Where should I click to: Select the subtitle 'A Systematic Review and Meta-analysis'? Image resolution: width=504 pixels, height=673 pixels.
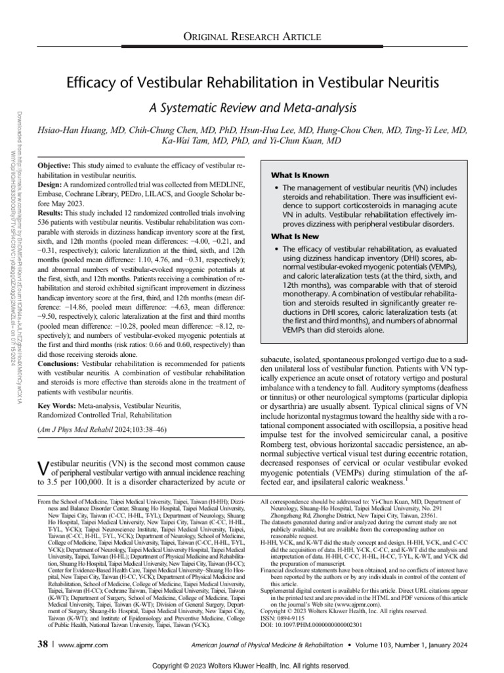pos(252,107)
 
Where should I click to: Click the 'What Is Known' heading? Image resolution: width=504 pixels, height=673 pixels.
pos(301,175)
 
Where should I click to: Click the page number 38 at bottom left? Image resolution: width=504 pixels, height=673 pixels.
pos(42,627)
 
